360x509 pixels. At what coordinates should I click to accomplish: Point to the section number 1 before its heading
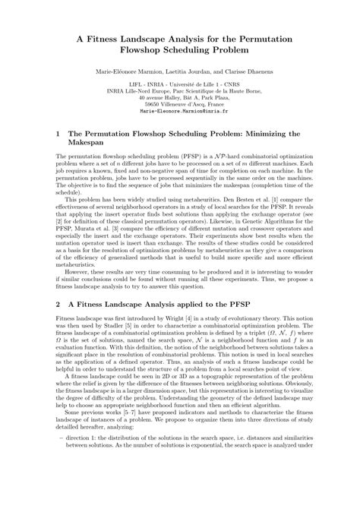tap(58, 133)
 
